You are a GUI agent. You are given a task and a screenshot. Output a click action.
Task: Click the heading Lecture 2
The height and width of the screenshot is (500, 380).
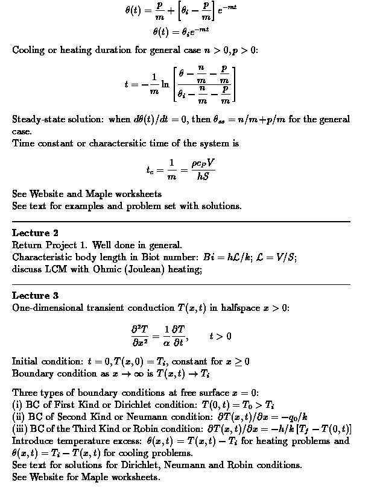click(35, 233)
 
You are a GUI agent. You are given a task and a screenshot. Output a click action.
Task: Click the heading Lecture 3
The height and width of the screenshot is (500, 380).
click(35, 295)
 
